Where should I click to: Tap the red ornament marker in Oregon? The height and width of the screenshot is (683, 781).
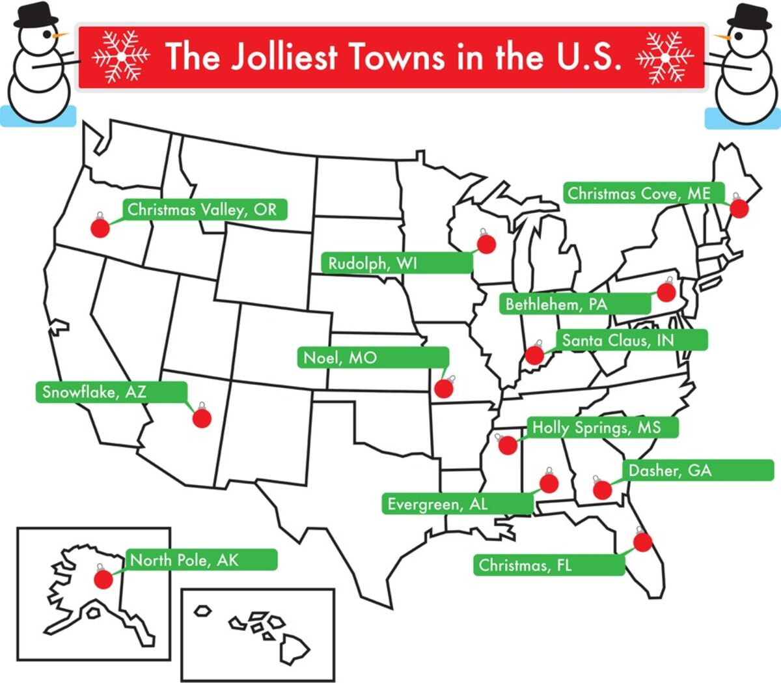[x=100, y=227]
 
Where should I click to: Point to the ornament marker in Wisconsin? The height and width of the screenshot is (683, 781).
[x=486, y=244]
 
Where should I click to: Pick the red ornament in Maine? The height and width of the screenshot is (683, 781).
[x=739, y=208]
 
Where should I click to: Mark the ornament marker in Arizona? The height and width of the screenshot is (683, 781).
[x=202, y=418]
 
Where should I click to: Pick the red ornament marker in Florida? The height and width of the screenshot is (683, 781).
[x=642, y=542]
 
